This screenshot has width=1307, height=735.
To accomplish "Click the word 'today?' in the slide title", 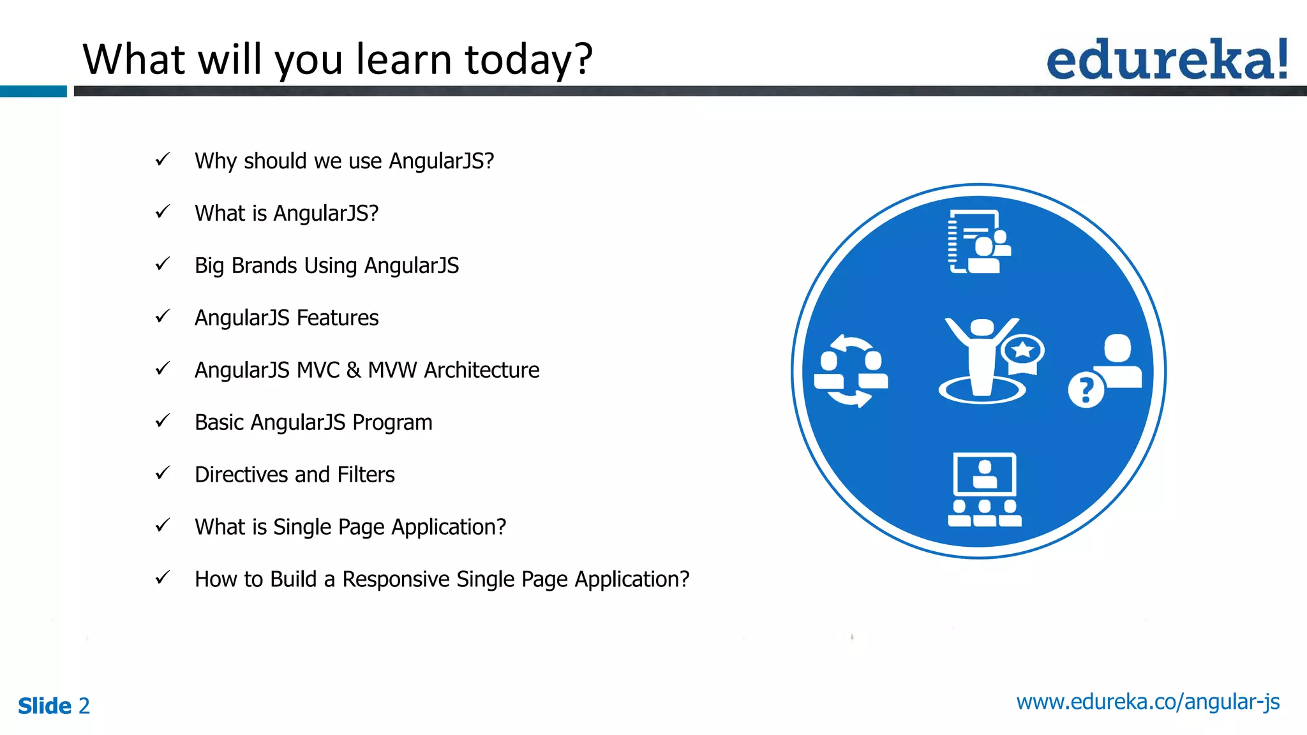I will tap(528, 59).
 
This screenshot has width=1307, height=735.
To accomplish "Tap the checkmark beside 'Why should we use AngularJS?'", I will tap(163, 159).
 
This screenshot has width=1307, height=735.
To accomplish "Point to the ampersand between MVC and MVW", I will tap(354, 370).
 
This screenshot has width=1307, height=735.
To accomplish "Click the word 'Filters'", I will tap(366, 475).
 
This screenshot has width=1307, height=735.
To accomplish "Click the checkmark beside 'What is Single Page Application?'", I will tap(163, 525).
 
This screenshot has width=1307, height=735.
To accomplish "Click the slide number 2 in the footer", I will tap(84, 706).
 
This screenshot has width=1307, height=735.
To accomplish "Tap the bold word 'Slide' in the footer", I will tap(45, 706).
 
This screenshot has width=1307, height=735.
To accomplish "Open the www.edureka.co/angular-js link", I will tap(1147, 702).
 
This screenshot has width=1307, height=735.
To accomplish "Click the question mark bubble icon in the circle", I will tap(1086, 390).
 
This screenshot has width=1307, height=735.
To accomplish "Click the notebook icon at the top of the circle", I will tap(976, 242).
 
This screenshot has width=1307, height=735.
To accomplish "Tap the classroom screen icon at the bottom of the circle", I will tap(984, 489).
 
